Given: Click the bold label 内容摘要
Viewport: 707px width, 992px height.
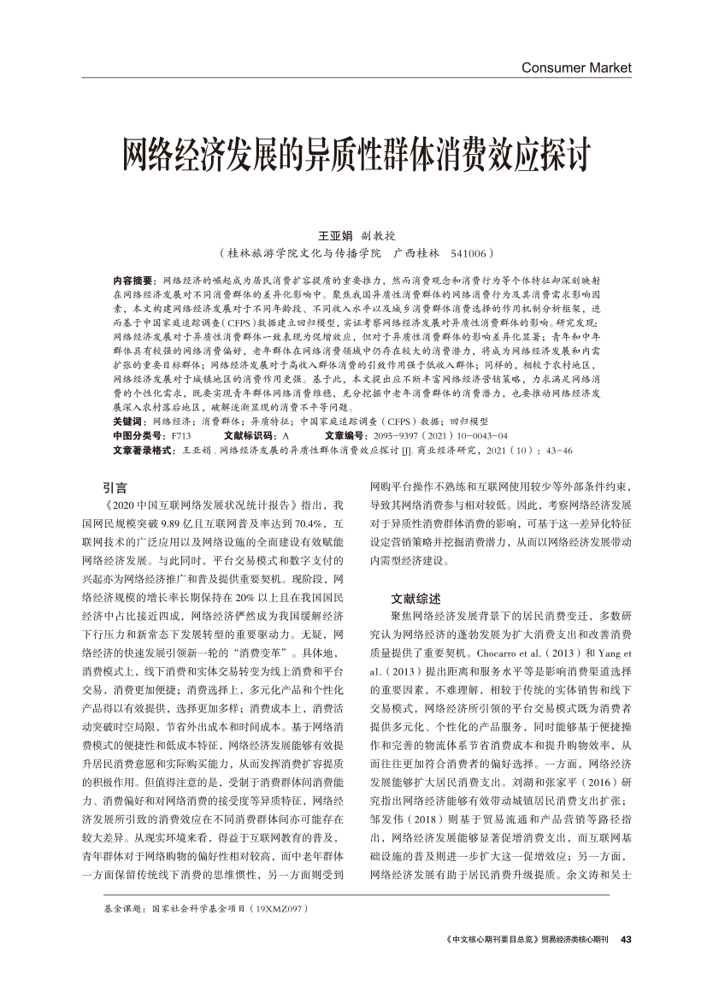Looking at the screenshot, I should coord(133,280).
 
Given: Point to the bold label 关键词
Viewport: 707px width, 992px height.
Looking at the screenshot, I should coord(130,422).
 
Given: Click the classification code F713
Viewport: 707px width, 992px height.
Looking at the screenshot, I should coord(181,435).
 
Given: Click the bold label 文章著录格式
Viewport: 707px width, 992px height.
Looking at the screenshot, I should coord(143,449).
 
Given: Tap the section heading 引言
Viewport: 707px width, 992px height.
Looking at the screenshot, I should coord(115,487).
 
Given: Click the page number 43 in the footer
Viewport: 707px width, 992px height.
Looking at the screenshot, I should coord(625,940).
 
